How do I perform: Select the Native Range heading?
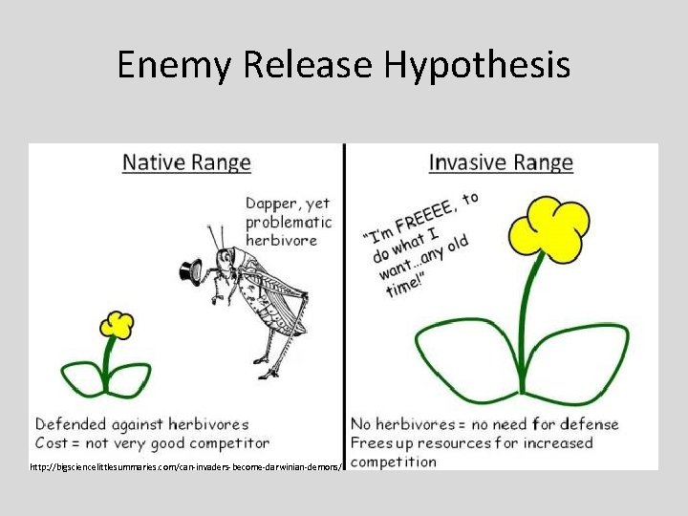tap(186, 162)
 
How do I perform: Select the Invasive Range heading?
tap(501, 162)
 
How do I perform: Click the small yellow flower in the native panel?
tap(118, 324)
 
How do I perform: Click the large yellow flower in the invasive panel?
tap(548, 229)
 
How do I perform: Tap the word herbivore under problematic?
tap(281, 240)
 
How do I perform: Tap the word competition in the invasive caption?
tap(394, 462)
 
